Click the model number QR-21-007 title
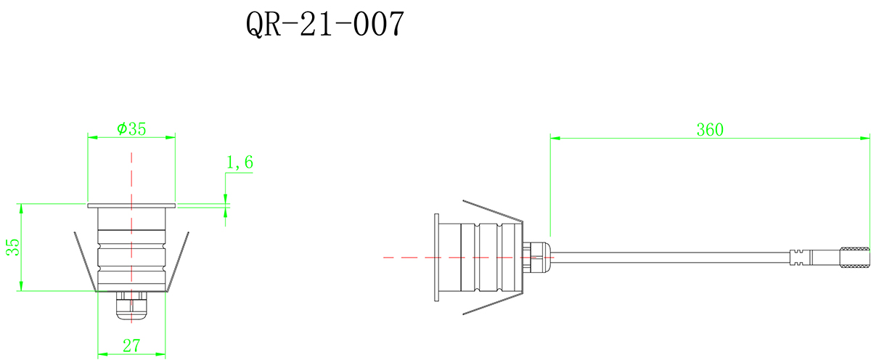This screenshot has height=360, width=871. [324, 25]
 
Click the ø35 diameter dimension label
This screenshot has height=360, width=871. [131, 128]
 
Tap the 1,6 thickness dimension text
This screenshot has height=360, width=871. [240, 163]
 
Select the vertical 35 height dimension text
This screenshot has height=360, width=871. [12, 247]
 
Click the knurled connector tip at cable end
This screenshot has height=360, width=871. [854, 257]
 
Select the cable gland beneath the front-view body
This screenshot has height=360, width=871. [131, 307]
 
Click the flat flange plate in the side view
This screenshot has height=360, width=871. [436, 257]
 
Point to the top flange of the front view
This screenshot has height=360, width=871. [131, 205]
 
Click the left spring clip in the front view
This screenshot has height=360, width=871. [84, 261]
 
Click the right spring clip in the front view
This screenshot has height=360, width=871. [179, 261]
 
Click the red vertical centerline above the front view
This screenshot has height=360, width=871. [131, 174]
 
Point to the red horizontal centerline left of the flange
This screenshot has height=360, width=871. [406, 257]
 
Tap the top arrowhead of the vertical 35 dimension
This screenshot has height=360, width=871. [22, 208]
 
